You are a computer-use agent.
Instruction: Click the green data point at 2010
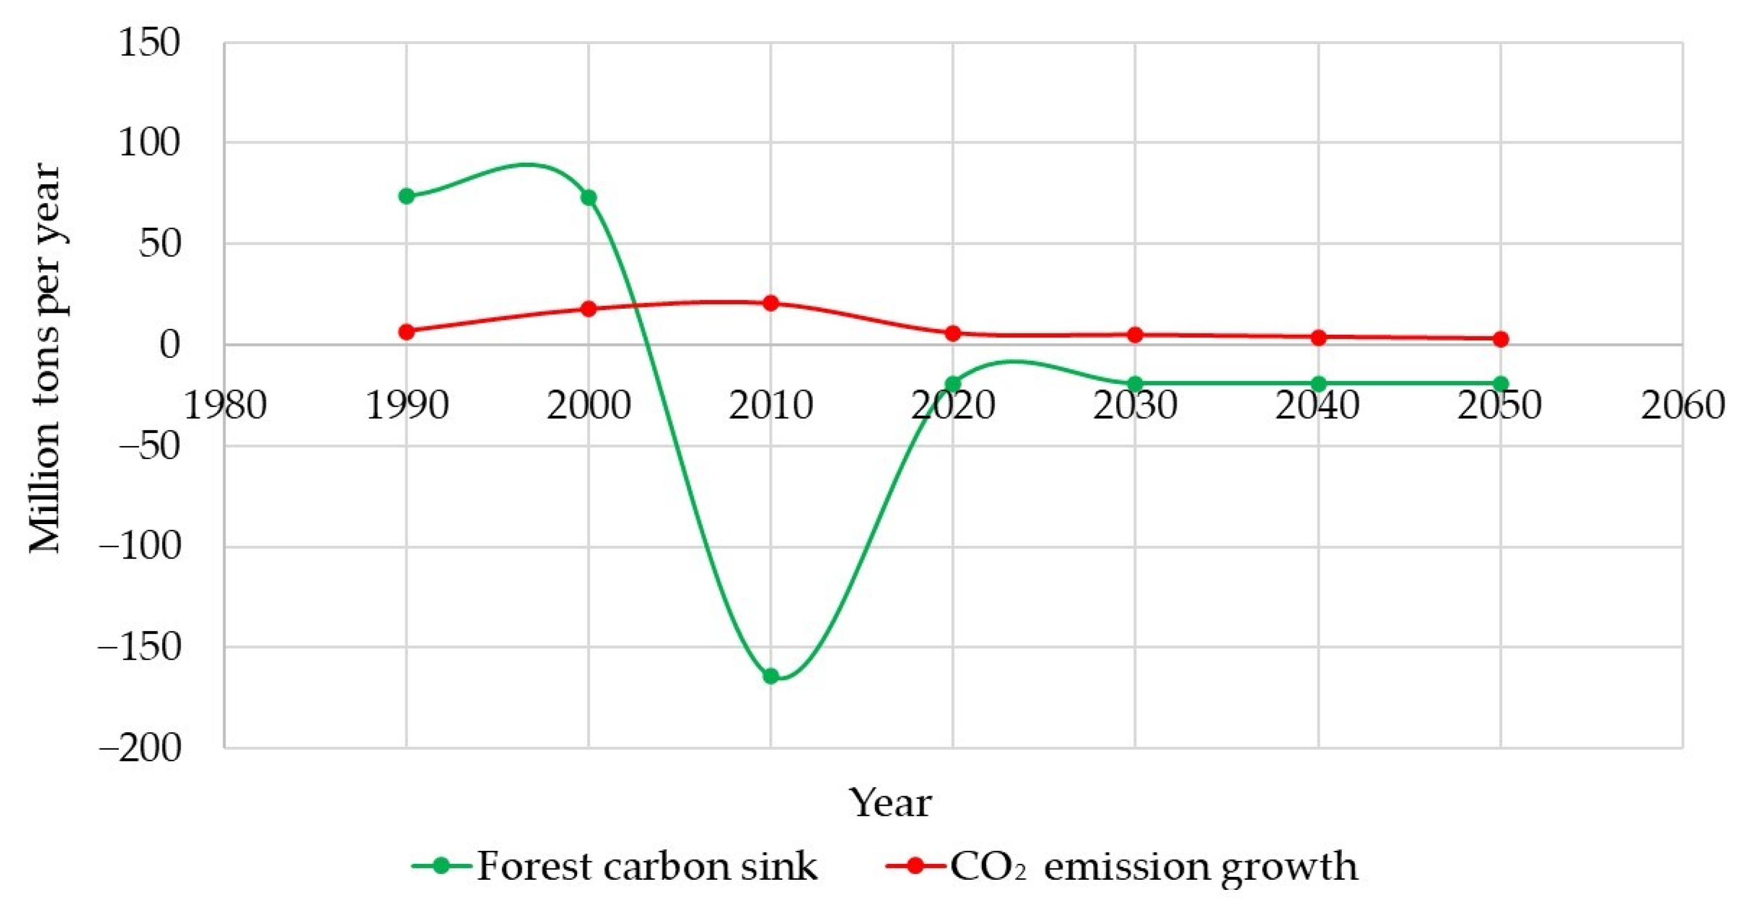click(771, 676)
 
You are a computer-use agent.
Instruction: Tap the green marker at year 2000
click(588, 198)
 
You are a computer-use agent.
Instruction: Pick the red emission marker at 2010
click(771, 302)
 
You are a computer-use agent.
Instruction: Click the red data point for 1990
click(406, 332)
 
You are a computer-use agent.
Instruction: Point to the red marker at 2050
click(1501, 339)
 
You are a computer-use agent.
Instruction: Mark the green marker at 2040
click(1319, 383)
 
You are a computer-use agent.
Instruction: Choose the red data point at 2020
click(953, 333)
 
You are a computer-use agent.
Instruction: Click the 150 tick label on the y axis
click(150, 43)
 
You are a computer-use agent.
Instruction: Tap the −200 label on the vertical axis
click(141, 749)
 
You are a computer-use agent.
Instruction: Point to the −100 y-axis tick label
click(141, 546)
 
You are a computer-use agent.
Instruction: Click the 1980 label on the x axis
click(225, 406)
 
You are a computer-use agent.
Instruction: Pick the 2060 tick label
click(1683, 406)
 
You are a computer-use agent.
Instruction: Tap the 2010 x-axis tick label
click(771, 406)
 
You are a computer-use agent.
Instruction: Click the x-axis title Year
click(890, 803)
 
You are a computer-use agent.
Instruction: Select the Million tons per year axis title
click(46, 358)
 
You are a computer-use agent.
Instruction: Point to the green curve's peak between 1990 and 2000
click(527, 165)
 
